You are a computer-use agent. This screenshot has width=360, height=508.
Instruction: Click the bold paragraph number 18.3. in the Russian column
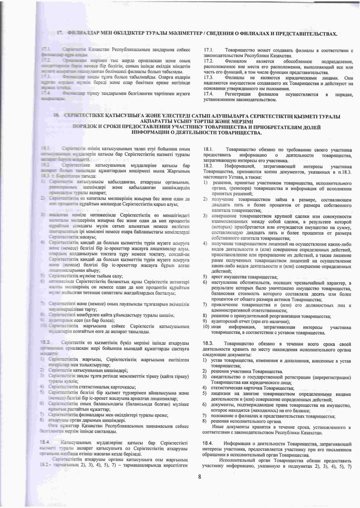click(x=209, y=343)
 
